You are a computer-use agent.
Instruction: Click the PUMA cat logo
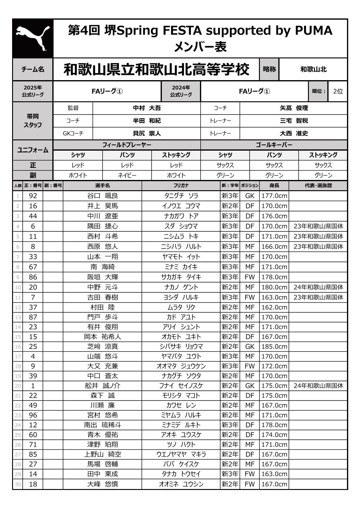tap(33, 38)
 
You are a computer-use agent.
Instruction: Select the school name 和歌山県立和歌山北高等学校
tap(156, 70)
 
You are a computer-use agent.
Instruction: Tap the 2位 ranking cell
tap(338, 91)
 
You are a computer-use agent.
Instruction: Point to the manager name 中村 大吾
tap(147, 108)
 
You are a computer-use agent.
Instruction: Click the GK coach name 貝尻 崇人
tap(147, 133)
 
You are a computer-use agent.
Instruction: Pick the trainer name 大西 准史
tap(294, 133)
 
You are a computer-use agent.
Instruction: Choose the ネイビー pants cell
tap(127, 175)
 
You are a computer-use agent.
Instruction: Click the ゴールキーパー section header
tap(274, 145)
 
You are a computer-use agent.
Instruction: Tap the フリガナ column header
tap(181, 185)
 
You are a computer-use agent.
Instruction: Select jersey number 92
tap(33, 196)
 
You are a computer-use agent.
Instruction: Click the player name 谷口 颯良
tap(103, 196)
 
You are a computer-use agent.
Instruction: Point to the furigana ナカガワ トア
tap(181, 216)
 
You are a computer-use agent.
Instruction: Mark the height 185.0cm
tap(274, 346)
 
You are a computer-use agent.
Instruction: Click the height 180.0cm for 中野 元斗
tap(274, 287)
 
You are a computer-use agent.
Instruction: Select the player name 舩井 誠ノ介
tap(103, 386)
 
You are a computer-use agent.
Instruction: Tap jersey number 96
tap(33, 415)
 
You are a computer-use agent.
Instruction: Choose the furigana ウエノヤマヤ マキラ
tap(181, 454)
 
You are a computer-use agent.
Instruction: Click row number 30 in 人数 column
tap(18, 484)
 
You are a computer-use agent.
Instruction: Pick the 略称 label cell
tap(269, 69)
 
